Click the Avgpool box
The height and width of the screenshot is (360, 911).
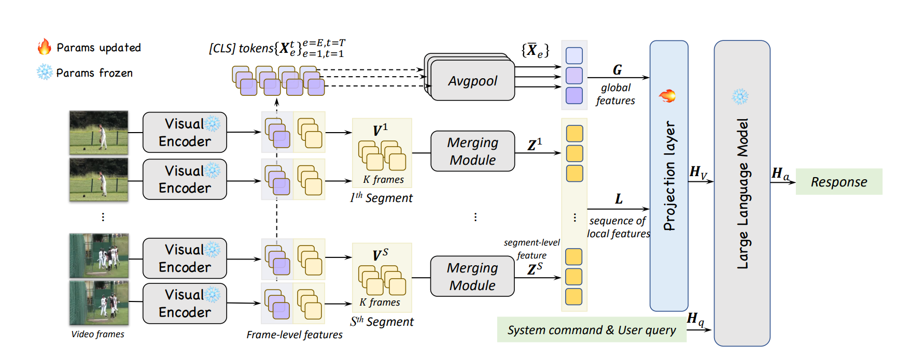tap(472, 80)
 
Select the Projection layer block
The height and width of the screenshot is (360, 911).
tap(669, 176)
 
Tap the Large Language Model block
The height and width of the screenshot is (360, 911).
tap(742, 193)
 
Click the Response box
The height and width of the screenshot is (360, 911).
tap(839, 182)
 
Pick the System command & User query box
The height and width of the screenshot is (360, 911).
tap(592, 330)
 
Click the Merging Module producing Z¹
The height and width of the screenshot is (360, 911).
tap(472, 151)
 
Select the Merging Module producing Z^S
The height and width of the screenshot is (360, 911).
tap(472, 276)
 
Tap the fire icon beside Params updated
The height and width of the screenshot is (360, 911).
tap(45, 47)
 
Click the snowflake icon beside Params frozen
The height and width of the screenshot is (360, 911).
tap(45, 72)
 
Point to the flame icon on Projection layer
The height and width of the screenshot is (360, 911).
tap(667, 96)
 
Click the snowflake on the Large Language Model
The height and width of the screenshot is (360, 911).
tap(740, 96)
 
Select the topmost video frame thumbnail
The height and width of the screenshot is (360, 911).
tap(99, 133)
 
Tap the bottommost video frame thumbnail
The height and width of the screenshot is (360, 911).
tap(99, 303)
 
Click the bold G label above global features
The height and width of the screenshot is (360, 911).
tap(617, 70)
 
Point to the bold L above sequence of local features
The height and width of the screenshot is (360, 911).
tap(619, 199)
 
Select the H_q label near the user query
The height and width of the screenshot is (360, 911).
tap(696, 320)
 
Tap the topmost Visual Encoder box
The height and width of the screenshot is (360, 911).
tap(185, 132)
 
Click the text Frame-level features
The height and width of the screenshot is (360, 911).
tap(295, 335)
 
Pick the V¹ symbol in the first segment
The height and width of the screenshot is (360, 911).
tap(380, 129)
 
